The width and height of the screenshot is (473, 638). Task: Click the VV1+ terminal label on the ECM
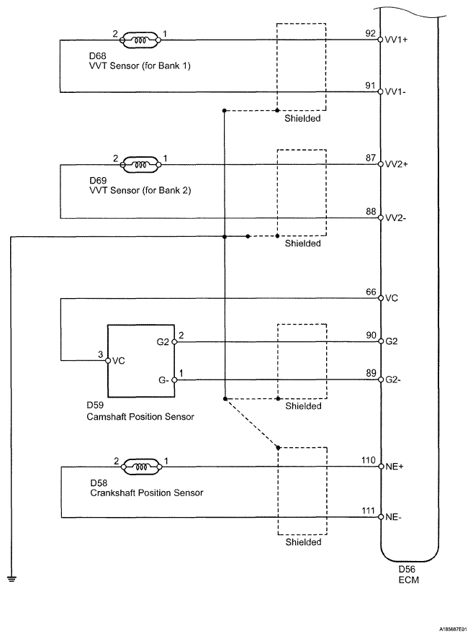(x=396, y=40)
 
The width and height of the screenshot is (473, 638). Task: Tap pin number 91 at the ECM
(x=370, y=86)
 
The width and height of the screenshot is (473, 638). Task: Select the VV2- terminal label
(x=395, y=218)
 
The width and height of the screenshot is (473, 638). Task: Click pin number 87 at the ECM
(x=371, y=158)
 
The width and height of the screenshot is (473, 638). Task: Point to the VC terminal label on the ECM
(x=392, y=298)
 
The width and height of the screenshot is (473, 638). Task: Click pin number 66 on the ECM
(x=371, y=292)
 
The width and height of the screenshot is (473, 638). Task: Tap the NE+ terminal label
(x=395, y=467)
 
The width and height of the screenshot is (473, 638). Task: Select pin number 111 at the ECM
(x=369, y=511)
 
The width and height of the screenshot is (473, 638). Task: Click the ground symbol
(x=12, y=578)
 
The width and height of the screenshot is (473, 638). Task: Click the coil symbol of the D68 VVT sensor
(x=140, y=40)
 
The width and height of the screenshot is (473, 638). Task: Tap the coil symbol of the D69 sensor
(x=140, y=164)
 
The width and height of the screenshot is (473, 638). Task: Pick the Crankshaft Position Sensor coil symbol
(x=141, y=467)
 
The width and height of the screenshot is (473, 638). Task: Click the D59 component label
(x=95, y=405)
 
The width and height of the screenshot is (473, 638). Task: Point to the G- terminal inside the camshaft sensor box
(x=163, y=380)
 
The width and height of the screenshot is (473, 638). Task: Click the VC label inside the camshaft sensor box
(x=118, y=361)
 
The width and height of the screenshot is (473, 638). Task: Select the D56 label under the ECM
(x=407, y=570)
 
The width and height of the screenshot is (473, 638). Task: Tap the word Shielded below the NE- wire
(x=303, y=542)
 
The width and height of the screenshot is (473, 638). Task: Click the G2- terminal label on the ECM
(x=393, y=380)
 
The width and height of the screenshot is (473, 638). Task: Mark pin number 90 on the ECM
(x=371, y=336)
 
